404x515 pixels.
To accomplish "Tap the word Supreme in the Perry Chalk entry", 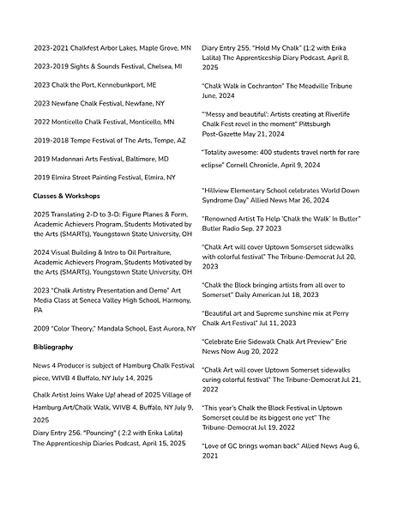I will click(x=280, y=316).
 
